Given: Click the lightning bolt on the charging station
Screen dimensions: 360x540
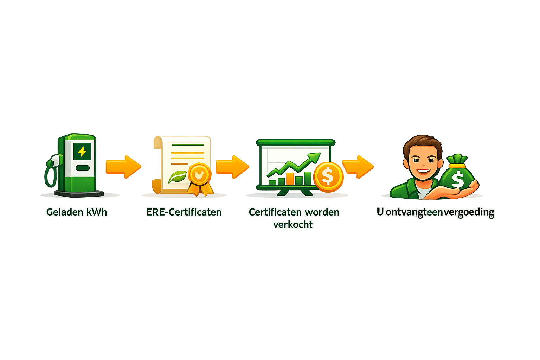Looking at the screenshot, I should tap(82, 152).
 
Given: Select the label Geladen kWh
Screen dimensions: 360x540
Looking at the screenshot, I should tap(77, 212).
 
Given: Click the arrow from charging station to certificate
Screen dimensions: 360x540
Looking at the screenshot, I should tap(123, 167).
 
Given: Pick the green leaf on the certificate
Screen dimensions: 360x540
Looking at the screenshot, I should tap(178, 176).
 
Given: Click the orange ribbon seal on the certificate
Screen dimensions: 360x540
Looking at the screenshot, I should tap(200, 175).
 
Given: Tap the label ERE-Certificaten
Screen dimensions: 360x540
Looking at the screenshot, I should tap(184, 212).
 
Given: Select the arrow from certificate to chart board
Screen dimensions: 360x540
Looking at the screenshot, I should tap(232, 167).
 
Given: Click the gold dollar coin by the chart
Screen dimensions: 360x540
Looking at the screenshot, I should tap(328, 176).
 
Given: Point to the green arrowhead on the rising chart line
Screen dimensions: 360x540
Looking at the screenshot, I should tap(315, 157).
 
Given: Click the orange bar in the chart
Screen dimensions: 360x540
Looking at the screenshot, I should tap(290, 178).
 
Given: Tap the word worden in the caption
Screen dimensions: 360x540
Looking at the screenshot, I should tap(322, 212).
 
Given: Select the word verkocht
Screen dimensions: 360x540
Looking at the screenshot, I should tap(293, 224).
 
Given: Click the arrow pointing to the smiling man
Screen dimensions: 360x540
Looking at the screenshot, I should tap(358, 167).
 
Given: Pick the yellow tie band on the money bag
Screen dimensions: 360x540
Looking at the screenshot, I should tap(457, 166).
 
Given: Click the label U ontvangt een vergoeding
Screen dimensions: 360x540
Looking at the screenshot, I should tap(435, 212).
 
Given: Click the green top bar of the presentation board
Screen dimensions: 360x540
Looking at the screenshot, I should tap(296, 142).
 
